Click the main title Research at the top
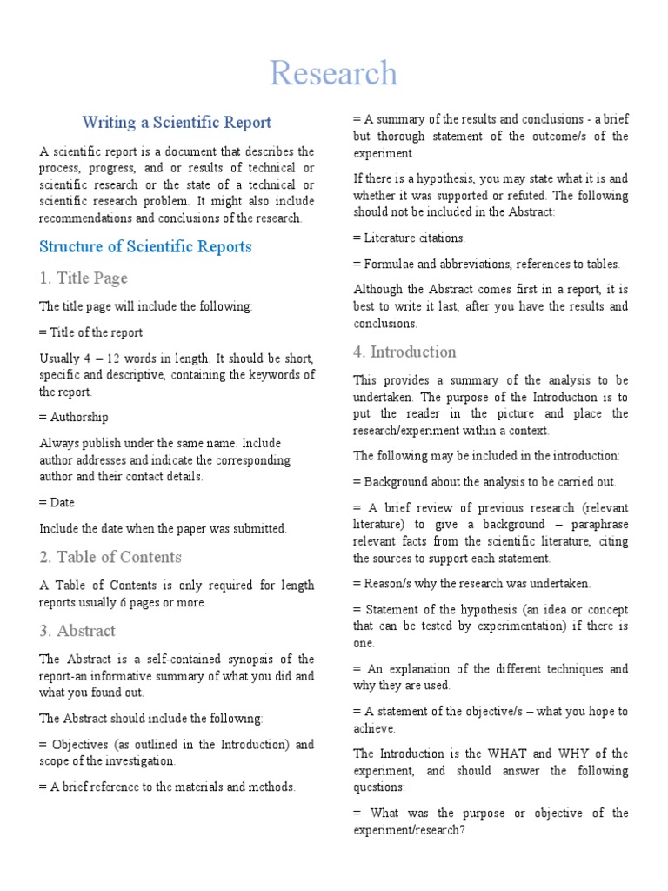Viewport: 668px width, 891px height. pyautogui.click(x=333, y=74)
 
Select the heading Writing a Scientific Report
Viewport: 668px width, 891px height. pyautogui.click(x=177, y=123)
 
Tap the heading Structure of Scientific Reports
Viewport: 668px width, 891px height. pyautogui.click(x=145, y=246)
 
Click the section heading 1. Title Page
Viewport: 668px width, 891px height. pyautogui.click(x=83, y=278)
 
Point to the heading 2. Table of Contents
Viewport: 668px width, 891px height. pyautogui.click(x=110, y=557)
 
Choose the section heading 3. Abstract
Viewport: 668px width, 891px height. pyautogui.click(x=77, y=631)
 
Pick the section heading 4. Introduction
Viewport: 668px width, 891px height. pyautogui.click(x=404, y=352)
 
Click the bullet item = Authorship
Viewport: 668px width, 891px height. pyautogui.click(x=74, y=418)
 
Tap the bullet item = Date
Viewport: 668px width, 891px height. pyautogui.click(x=57, y=502)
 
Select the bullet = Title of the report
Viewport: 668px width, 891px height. pyautogui.click(x=91, y=332)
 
